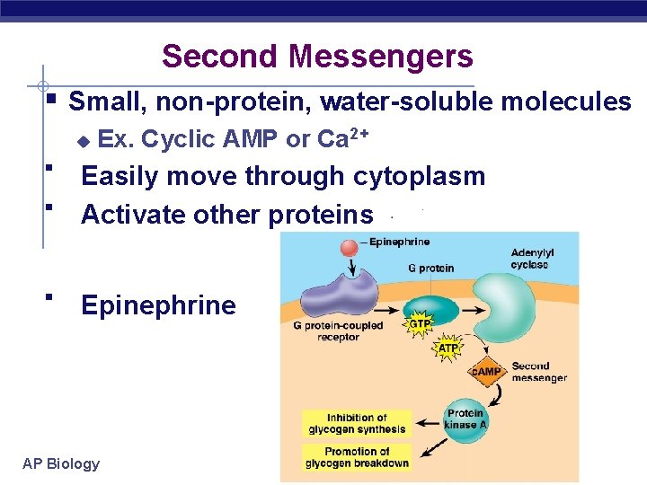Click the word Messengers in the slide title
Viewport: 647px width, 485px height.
pos(381,57)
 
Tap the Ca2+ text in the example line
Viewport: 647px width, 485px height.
pos(343,138)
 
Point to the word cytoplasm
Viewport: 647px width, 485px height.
pos(419,176)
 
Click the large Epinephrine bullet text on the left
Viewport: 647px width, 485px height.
pos(158,305)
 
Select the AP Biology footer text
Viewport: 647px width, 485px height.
pos(61,463)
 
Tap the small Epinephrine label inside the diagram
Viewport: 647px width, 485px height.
pos(399,242)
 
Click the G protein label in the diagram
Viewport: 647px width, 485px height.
pos(430,268)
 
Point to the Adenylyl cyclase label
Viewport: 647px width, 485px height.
pos(532,259)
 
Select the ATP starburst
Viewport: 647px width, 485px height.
pos(447,348)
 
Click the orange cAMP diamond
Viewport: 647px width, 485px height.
pos(487,372)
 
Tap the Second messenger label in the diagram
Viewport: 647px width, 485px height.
pos(539,372)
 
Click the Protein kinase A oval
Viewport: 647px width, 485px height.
pos(465,419)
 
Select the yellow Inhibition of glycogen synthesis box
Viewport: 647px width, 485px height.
pos(357,423)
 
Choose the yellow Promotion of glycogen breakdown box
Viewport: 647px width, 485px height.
pos(357,457)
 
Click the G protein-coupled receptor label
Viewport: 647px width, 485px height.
pos(338,331)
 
